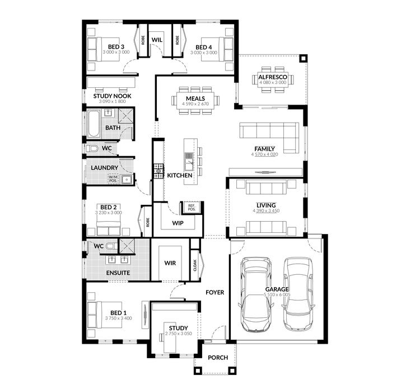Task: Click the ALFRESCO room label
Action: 272,77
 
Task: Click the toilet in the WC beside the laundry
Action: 94,149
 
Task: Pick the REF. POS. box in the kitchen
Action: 191,208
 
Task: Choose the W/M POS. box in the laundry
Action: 113,179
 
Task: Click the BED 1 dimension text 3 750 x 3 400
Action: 118,318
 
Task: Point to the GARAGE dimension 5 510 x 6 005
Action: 277,294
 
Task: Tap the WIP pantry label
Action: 178,223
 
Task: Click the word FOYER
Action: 214,292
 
